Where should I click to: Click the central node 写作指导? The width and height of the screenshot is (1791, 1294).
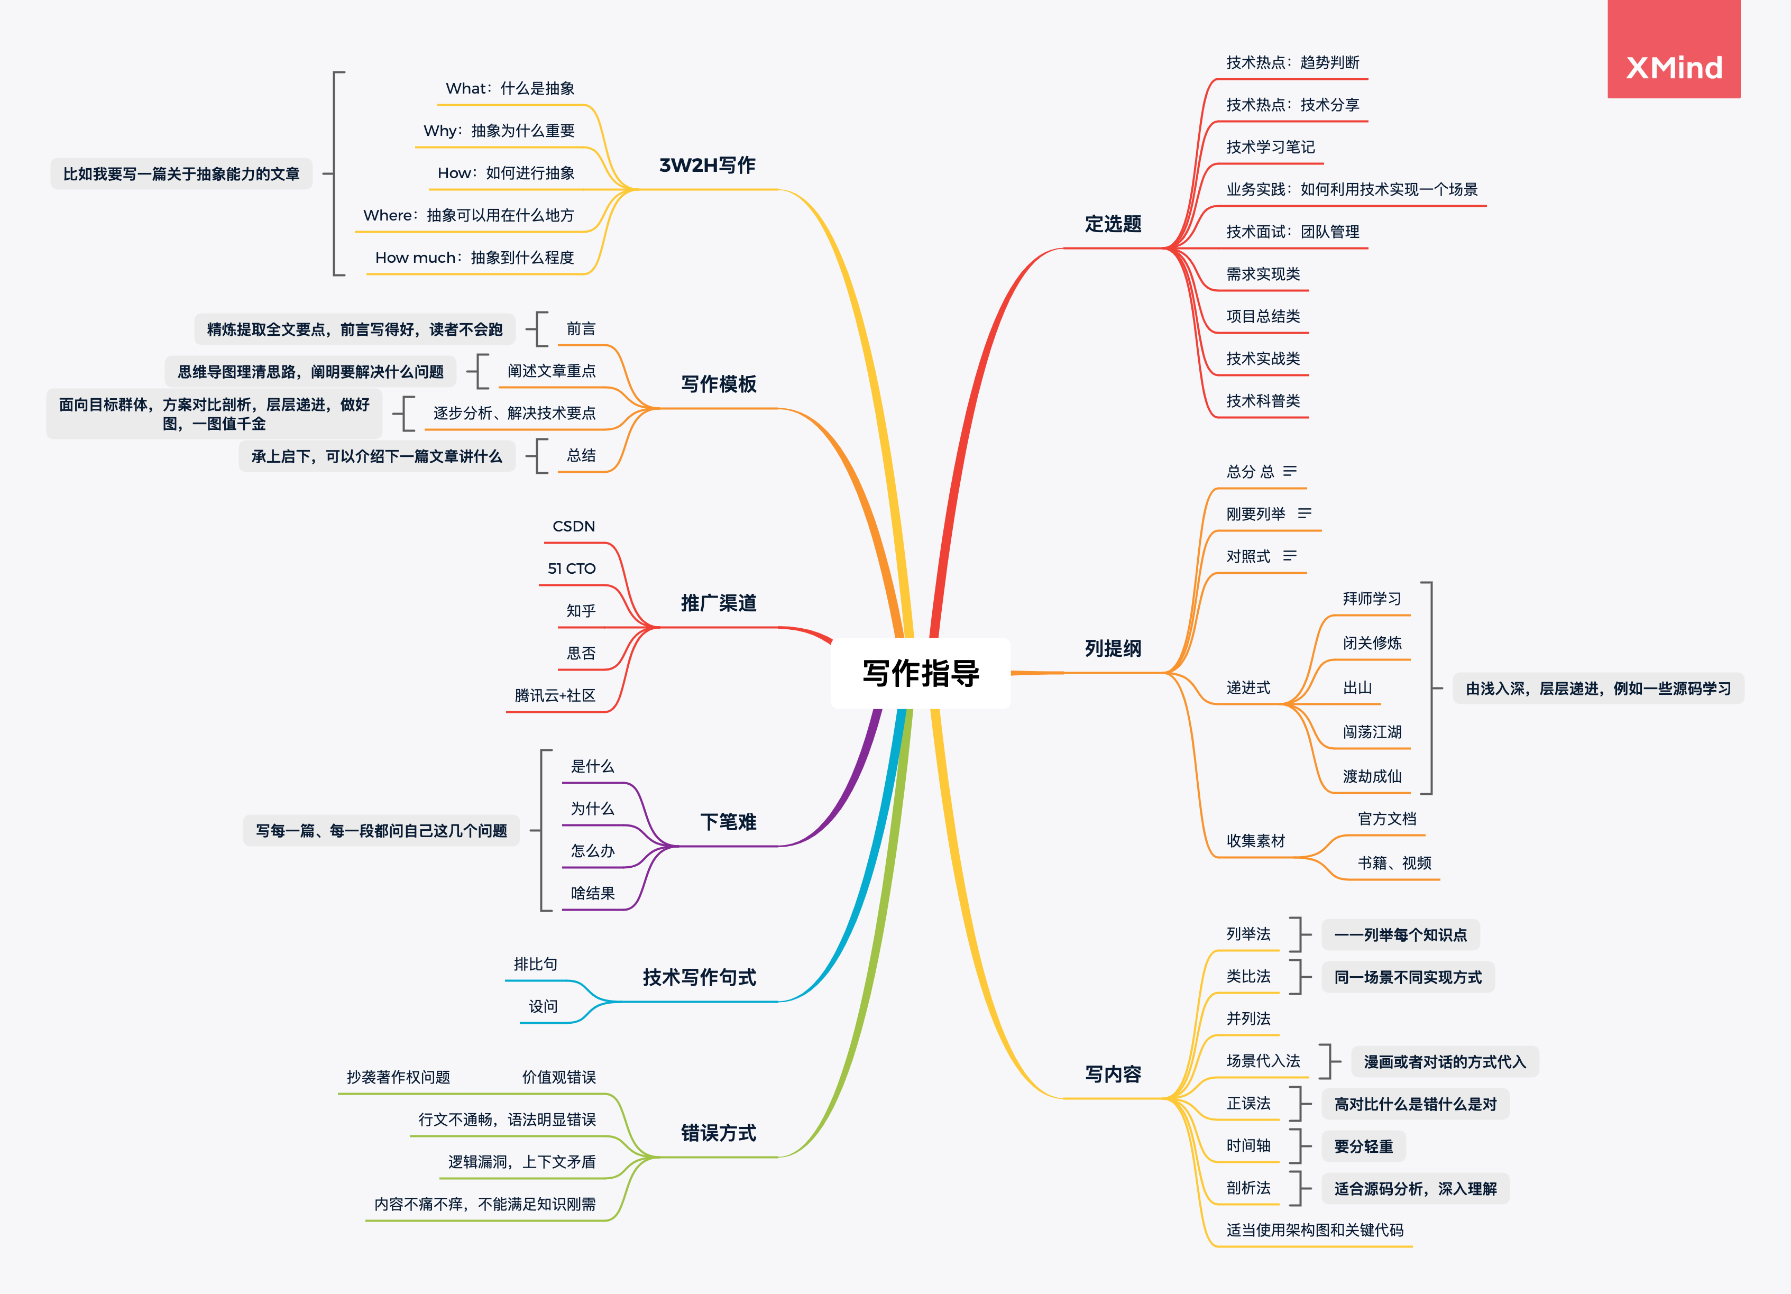point(921,673)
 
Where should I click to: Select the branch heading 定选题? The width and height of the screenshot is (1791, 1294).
point(1113,224)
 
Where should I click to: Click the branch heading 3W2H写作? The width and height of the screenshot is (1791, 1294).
point(707,165)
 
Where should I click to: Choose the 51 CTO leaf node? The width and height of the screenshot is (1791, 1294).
point(572,568)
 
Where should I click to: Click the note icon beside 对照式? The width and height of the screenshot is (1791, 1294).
point(1290,556)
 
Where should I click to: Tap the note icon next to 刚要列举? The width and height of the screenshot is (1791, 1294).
point(1305,513)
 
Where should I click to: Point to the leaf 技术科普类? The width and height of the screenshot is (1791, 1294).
point(1263,401)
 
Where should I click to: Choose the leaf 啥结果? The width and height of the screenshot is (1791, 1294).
point(592,894)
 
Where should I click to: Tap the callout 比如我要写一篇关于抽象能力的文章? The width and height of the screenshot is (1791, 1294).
point(181,173)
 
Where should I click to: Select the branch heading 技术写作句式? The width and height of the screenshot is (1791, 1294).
point(699,977)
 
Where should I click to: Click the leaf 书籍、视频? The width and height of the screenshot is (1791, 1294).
point(1394,863)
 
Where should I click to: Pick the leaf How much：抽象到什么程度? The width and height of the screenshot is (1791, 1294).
point(475,258)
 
